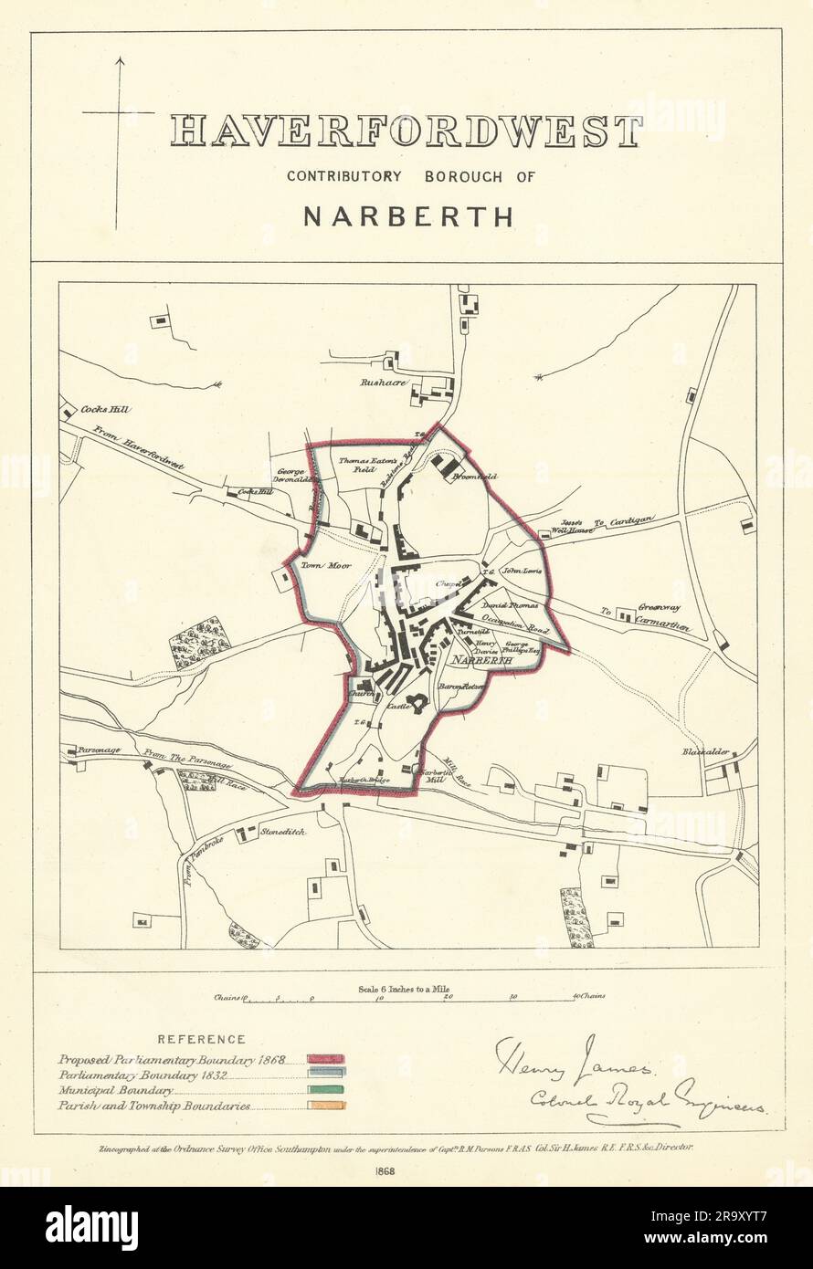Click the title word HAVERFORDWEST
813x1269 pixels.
[406, 132]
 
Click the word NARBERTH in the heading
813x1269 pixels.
[406, 217]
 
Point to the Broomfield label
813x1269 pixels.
[475, 476]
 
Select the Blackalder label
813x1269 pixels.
[705, 752]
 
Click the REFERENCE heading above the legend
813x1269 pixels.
[201, 1039]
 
